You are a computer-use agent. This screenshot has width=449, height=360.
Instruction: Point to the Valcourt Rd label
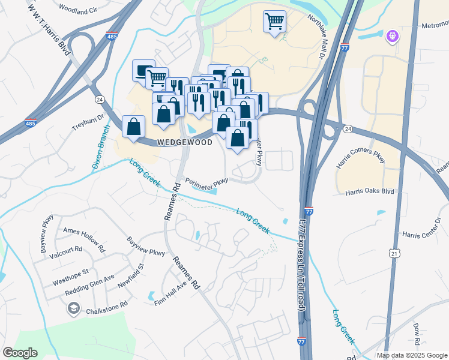coord(66,250)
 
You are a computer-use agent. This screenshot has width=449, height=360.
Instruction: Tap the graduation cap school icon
coord(73,309)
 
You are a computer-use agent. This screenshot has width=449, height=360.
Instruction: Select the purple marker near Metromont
coord(393,37)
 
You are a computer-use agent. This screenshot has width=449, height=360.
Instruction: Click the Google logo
coord(20,353)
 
